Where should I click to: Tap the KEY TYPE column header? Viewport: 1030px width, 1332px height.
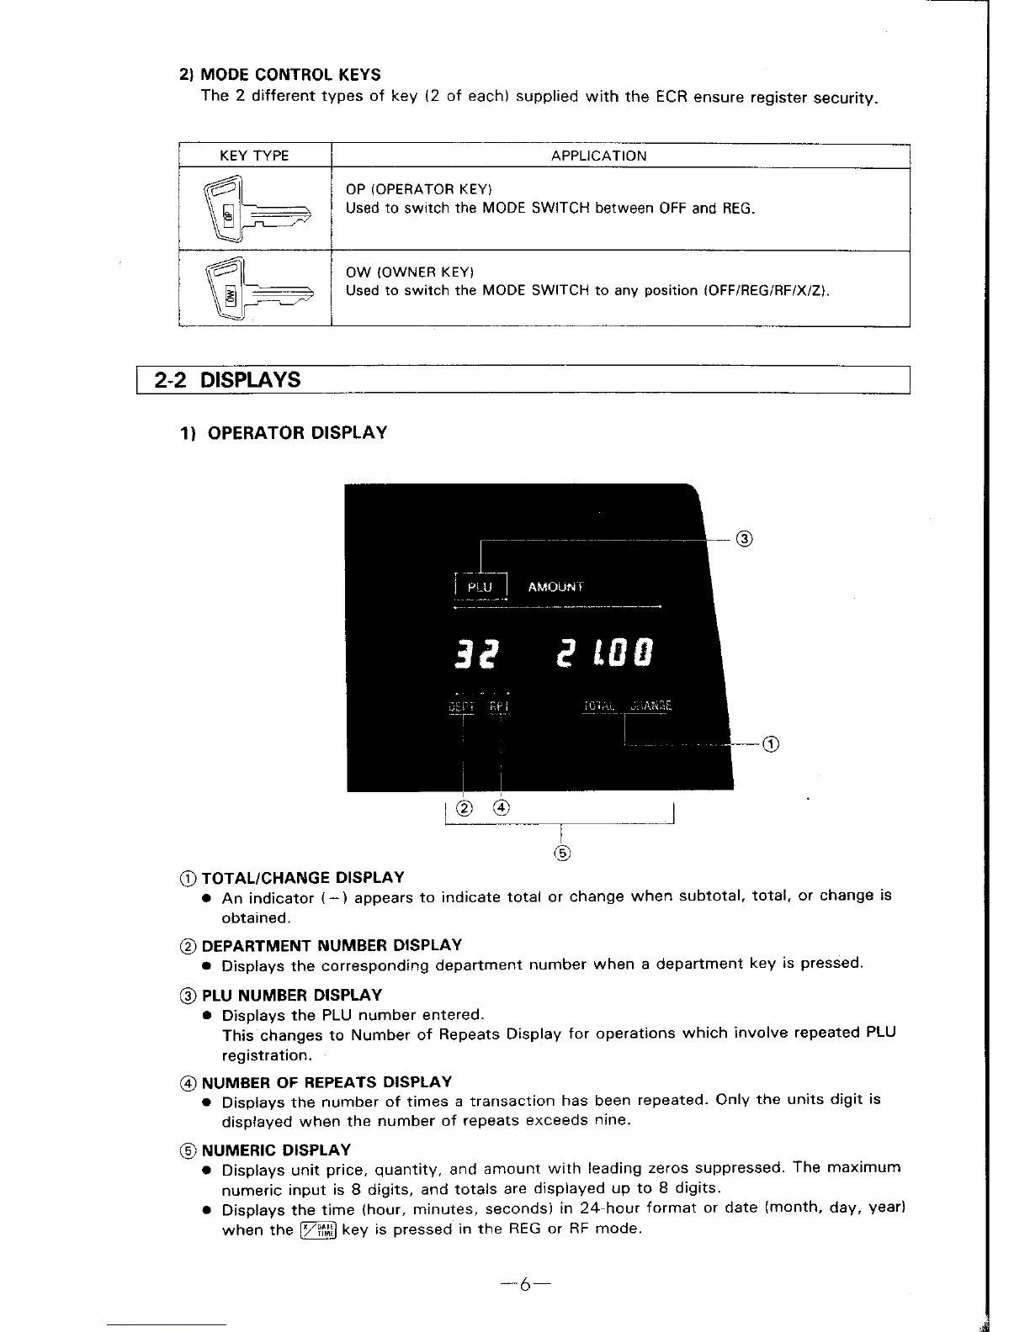pos(254,156)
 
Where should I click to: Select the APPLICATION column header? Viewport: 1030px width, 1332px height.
pos(599,156)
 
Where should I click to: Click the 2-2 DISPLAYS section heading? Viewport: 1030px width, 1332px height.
pos(228,380)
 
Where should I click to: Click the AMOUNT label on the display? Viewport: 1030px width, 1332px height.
pos(555,587)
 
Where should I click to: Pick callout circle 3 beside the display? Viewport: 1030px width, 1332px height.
pos(744,538)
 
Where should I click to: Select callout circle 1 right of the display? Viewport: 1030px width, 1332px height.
pos(771,743)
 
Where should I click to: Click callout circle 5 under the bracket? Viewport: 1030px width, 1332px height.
pos(562,854)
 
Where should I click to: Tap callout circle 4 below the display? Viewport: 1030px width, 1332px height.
pos(502,809)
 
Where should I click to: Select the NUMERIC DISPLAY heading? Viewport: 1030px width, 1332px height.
pos(276,1150)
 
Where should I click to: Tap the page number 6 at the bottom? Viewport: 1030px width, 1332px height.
pos(523,1284)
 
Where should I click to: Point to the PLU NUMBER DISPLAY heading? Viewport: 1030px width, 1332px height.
pos(292,995)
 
